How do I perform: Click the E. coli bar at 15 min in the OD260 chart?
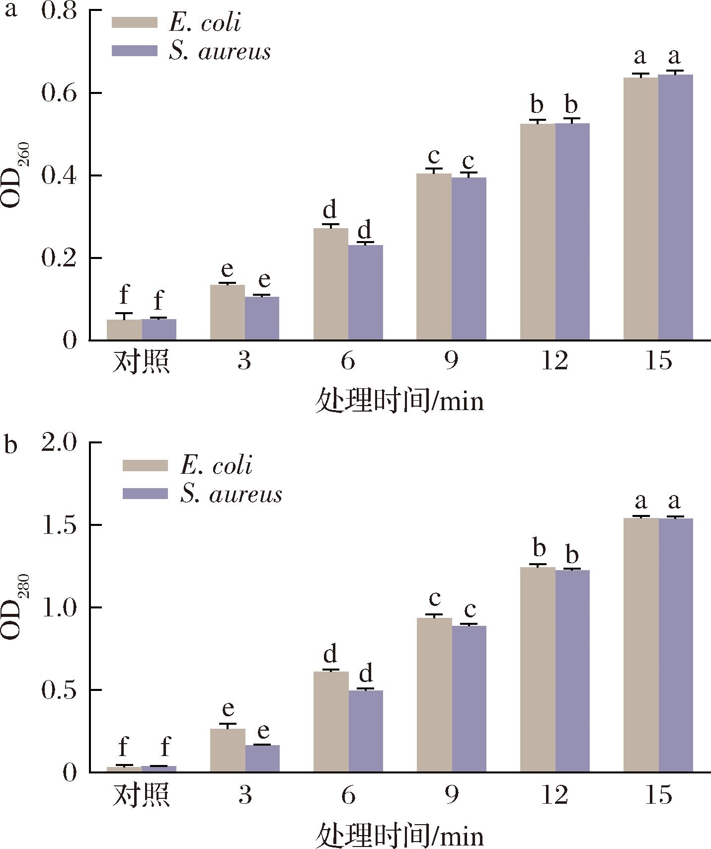pyautogui.click(x=640, y=209)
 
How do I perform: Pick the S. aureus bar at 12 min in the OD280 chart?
pyautogui.click(x=572, y=671)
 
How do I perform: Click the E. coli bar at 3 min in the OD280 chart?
pyautogui.click(x=228, y=750)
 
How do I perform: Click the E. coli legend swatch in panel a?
pyautogui.click(x=134, y=23)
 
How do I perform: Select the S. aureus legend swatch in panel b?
pyautogui.click(x=145, y=494)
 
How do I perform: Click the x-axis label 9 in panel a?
pyautogui.click(x=451, y=361)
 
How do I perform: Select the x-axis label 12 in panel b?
pyautogui.click(x=554, y=795)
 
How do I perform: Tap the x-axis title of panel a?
pyautogui.click(x=399, y=401)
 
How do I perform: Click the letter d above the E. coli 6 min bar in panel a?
pyautogui.click(x=330, y=210)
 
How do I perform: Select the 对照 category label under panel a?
pyautogui.click(x=142, y=361)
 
